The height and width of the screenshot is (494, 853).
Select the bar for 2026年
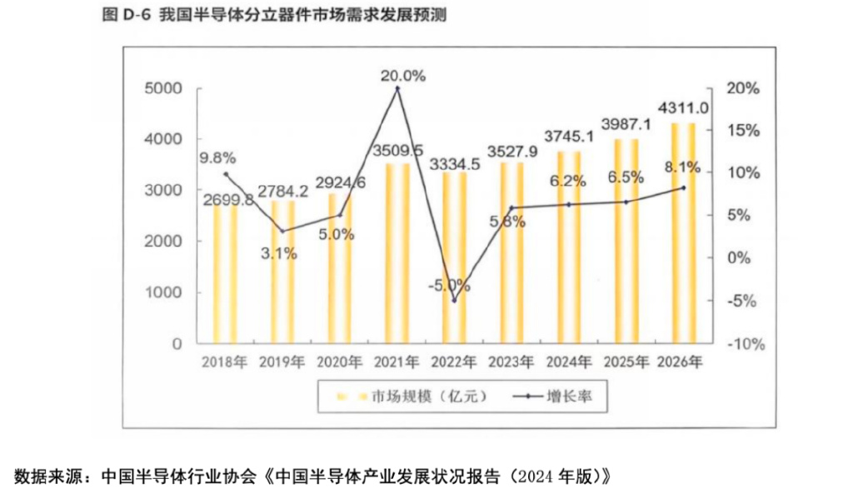click(683, 233)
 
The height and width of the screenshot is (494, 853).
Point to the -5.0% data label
click(449, 285)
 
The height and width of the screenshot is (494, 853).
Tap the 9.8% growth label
click(217, 157)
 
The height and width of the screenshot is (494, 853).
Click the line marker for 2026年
click(683, 188)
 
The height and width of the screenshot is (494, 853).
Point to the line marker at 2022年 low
click(454, 300)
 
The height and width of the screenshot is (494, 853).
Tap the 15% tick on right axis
click(740, 131)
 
